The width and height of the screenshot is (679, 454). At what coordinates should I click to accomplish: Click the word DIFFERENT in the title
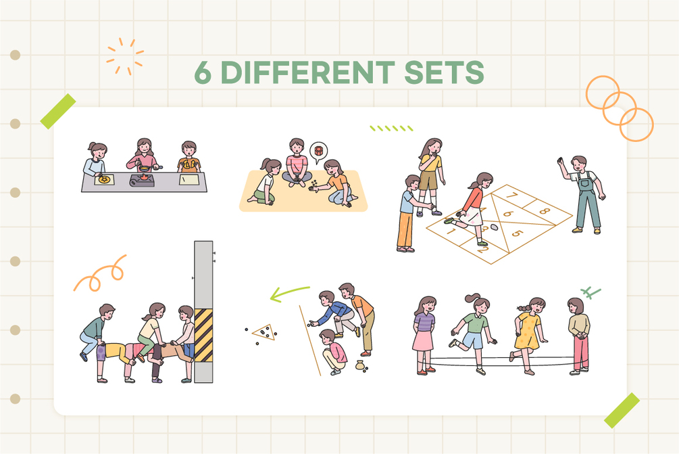[307, 72]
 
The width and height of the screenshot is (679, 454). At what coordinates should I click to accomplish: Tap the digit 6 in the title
[203, 72]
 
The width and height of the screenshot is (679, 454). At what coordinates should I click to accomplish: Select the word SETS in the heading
[444, 72]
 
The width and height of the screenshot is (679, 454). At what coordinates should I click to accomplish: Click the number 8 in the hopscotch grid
[545, 212]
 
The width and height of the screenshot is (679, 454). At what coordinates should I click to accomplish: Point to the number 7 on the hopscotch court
[511, 196]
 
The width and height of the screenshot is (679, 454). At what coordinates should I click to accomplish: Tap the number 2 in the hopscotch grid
[483, 250]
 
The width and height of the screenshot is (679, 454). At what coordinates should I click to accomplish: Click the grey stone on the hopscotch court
[494, 227]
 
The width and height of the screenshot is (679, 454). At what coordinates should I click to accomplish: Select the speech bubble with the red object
[319, 152]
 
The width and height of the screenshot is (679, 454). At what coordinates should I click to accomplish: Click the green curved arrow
[289, 292]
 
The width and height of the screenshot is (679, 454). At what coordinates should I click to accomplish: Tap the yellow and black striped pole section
[203, 335]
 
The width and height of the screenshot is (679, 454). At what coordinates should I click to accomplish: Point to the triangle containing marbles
[264, 333]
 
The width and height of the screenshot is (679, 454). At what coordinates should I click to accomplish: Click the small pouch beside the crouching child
[359, 365]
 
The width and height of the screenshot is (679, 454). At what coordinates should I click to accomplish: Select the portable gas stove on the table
[142, 180]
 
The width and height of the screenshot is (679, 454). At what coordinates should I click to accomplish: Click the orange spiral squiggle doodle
[99, 275]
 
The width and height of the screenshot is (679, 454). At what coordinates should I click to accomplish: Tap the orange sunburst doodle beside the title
[125, 56]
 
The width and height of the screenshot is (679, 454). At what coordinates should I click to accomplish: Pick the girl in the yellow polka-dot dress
[528, 335]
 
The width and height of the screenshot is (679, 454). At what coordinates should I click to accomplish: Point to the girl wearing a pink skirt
[424, 335]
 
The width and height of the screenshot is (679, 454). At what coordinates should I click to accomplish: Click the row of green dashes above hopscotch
[391, 129]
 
